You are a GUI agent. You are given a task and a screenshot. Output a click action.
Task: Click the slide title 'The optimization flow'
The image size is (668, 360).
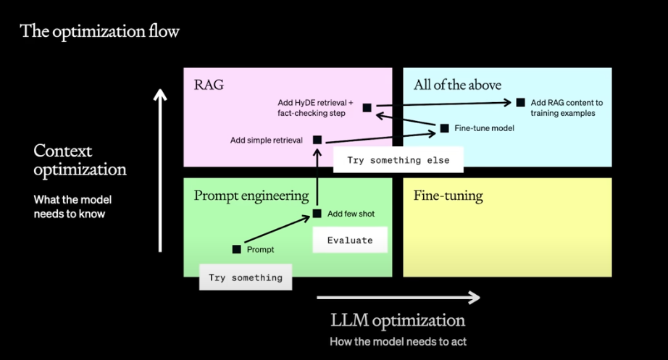click(99, 32)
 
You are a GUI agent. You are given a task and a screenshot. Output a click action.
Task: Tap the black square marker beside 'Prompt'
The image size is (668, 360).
click(236, 249)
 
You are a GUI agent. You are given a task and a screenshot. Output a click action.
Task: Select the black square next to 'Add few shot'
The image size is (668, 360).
click(317, 214)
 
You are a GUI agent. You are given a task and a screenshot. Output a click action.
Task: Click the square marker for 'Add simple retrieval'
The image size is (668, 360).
click(317, 140)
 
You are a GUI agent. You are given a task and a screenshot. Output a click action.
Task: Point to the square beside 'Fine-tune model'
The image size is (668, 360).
click(444, 127)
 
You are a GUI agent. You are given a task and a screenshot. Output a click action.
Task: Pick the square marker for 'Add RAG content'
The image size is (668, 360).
click(521, 102)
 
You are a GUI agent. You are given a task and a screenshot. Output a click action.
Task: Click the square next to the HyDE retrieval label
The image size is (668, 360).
click(367, 108)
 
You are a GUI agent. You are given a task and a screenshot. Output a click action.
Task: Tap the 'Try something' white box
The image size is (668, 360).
click(246, 277)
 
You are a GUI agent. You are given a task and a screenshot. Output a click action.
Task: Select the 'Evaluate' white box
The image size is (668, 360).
click(350, 240)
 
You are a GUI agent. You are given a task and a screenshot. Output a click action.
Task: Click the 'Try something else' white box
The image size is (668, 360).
click(398, 160)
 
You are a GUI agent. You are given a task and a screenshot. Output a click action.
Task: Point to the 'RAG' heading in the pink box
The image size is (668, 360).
click(209, 85)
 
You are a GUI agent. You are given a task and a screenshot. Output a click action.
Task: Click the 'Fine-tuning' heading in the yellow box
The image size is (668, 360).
click(448, 196)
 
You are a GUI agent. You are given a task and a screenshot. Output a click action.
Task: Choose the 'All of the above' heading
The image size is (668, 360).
click(458, 85)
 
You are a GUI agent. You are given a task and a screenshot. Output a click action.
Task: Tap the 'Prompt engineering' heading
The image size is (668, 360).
click(251, 196)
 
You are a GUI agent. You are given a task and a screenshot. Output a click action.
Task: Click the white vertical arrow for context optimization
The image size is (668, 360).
click(160, 170)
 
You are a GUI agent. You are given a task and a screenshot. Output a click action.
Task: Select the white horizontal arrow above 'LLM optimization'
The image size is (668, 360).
click(398, 298)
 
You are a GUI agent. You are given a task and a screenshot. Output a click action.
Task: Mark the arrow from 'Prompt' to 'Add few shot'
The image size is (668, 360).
click(277, 229)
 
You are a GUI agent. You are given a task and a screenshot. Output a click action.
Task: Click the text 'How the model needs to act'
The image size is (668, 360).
click(398, 342)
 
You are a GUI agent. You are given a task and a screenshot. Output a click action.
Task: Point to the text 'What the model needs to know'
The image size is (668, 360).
click(73, 206)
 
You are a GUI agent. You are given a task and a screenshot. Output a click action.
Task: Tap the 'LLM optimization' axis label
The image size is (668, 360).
click(398, 321)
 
